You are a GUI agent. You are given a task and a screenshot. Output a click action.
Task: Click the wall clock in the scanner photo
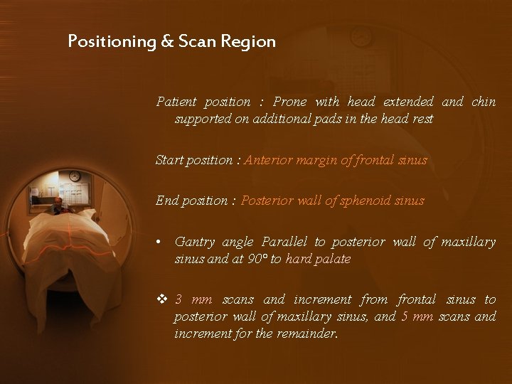[74, 176]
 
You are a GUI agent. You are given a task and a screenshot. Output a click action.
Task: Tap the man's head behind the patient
[58, 204]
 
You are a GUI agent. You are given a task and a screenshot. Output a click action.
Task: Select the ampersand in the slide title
[167, 42]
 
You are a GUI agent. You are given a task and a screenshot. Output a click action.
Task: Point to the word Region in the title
[248, 42]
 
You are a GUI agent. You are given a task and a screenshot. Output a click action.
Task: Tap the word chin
[484, 102]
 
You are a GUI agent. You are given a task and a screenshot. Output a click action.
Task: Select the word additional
[277, 119]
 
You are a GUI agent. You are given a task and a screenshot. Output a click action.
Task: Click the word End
[166, 201]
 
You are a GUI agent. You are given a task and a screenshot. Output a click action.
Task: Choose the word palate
[333, 259]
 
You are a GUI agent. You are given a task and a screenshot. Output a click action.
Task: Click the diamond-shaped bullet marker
[161, 299]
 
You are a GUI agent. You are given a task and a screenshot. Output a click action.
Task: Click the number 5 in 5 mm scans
[405, 316]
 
